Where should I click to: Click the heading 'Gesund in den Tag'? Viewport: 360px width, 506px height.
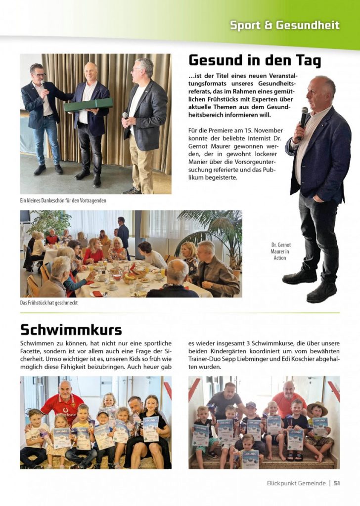click(x=255, y=61)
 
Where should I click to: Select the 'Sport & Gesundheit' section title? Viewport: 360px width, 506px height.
click(x=284, y=25)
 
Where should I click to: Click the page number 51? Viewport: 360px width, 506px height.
click(x=337, y=483)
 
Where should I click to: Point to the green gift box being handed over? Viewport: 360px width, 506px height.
click(x=88, y=105)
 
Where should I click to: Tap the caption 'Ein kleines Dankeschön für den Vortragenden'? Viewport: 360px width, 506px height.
click(x=63, y=200)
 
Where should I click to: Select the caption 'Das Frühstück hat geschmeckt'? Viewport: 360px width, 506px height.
click(x=48, y=303)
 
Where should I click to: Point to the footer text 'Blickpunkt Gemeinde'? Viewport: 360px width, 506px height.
click(x=296, y=483)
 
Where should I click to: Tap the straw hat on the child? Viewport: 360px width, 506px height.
click(x=317, y=407)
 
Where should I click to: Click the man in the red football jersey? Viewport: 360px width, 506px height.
click(x=63, y=398)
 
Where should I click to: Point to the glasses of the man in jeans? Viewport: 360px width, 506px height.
click(x=38, y=75)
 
